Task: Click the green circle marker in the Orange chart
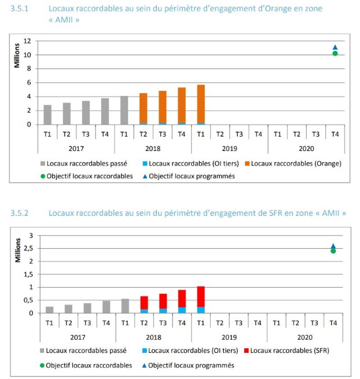(335, 53)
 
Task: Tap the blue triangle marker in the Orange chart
(335, 47)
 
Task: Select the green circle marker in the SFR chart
(333, 251)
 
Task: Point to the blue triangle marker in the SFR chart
(333, 246)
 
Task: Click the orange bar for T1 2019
(201, 104)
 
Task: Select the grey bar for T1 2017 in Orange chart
(47, 115)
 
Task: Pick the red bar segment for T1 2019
(201, 296)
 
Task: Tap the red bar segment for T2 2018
(144, 303)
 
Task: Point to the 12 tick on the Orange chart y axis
(27, 41)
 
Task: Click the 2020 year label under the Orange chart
(305, 148)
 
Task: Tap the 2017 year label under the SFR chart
(77, 336)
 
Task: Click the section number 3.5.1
(20, 9)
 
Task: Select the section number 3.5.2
(20, 214)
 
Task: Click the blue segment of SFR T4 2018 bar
(182, 310)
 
